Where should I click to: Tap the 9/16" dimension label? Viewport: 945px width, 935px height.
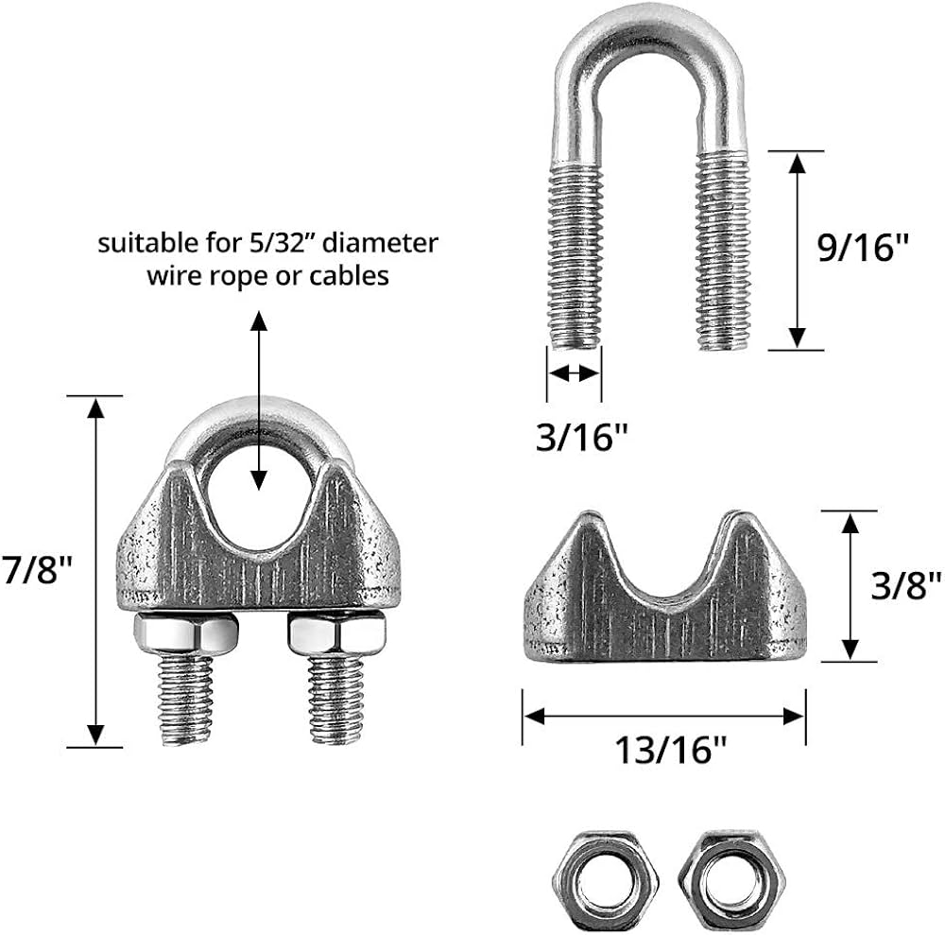863,247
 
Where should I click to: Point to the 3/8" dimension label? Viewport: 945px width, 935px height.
906,585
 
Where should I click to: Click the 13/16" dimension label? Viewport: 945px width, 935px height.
671,750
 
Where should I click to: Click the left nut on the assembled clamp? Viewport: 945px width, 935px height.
185,633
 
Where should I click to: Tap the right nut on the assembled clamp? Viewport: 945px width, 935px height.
336,633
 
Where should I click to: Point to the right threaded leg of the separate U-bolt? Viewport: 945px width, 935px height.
723,251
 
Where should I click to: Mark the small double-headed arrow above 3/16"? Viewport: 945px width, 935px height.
575,373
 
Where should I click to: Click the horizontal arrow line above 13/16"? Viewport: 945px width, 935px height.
664,717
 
